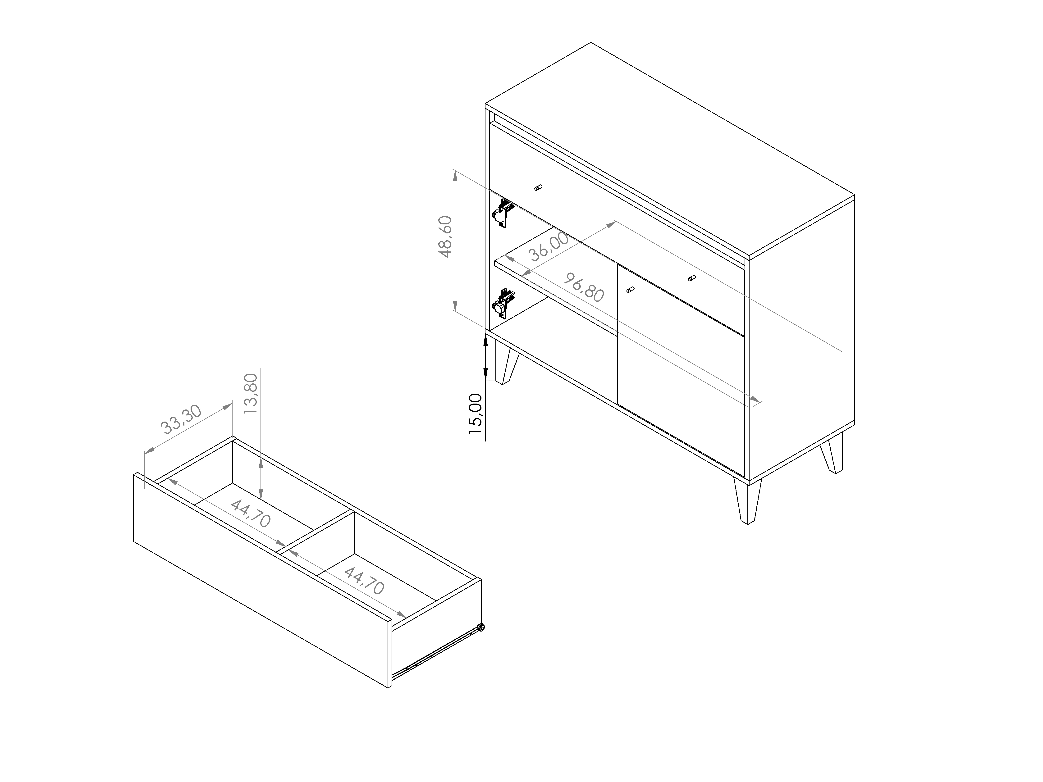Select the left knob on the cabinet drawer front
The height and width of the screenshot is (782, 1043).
tap(539, 188)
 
